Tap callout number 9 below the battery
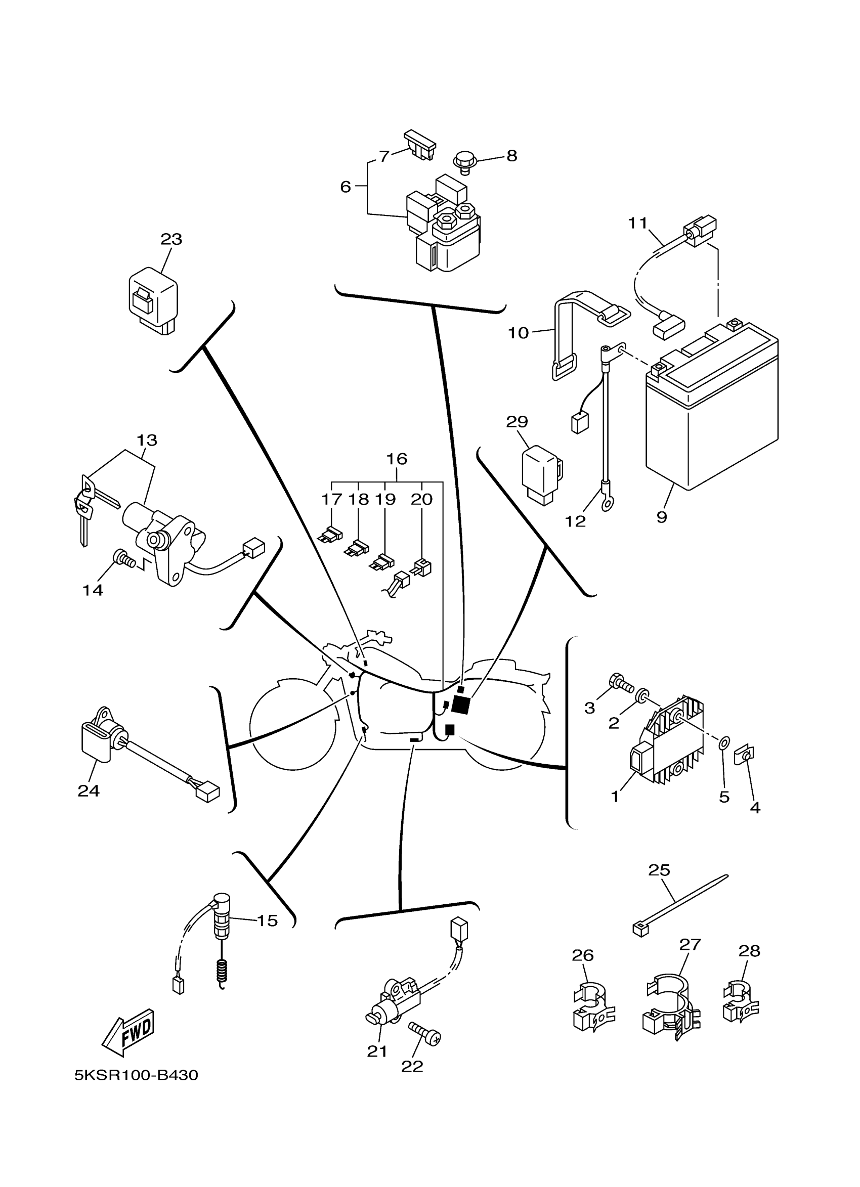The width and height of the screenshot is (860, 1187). (662, 517)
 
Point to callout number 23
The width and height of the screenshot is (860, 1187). (171, 239)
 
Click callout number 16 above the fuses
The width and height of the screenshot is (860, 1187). (397, 459)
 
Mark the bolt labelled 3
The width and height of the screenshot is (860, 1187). (621, 682)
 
